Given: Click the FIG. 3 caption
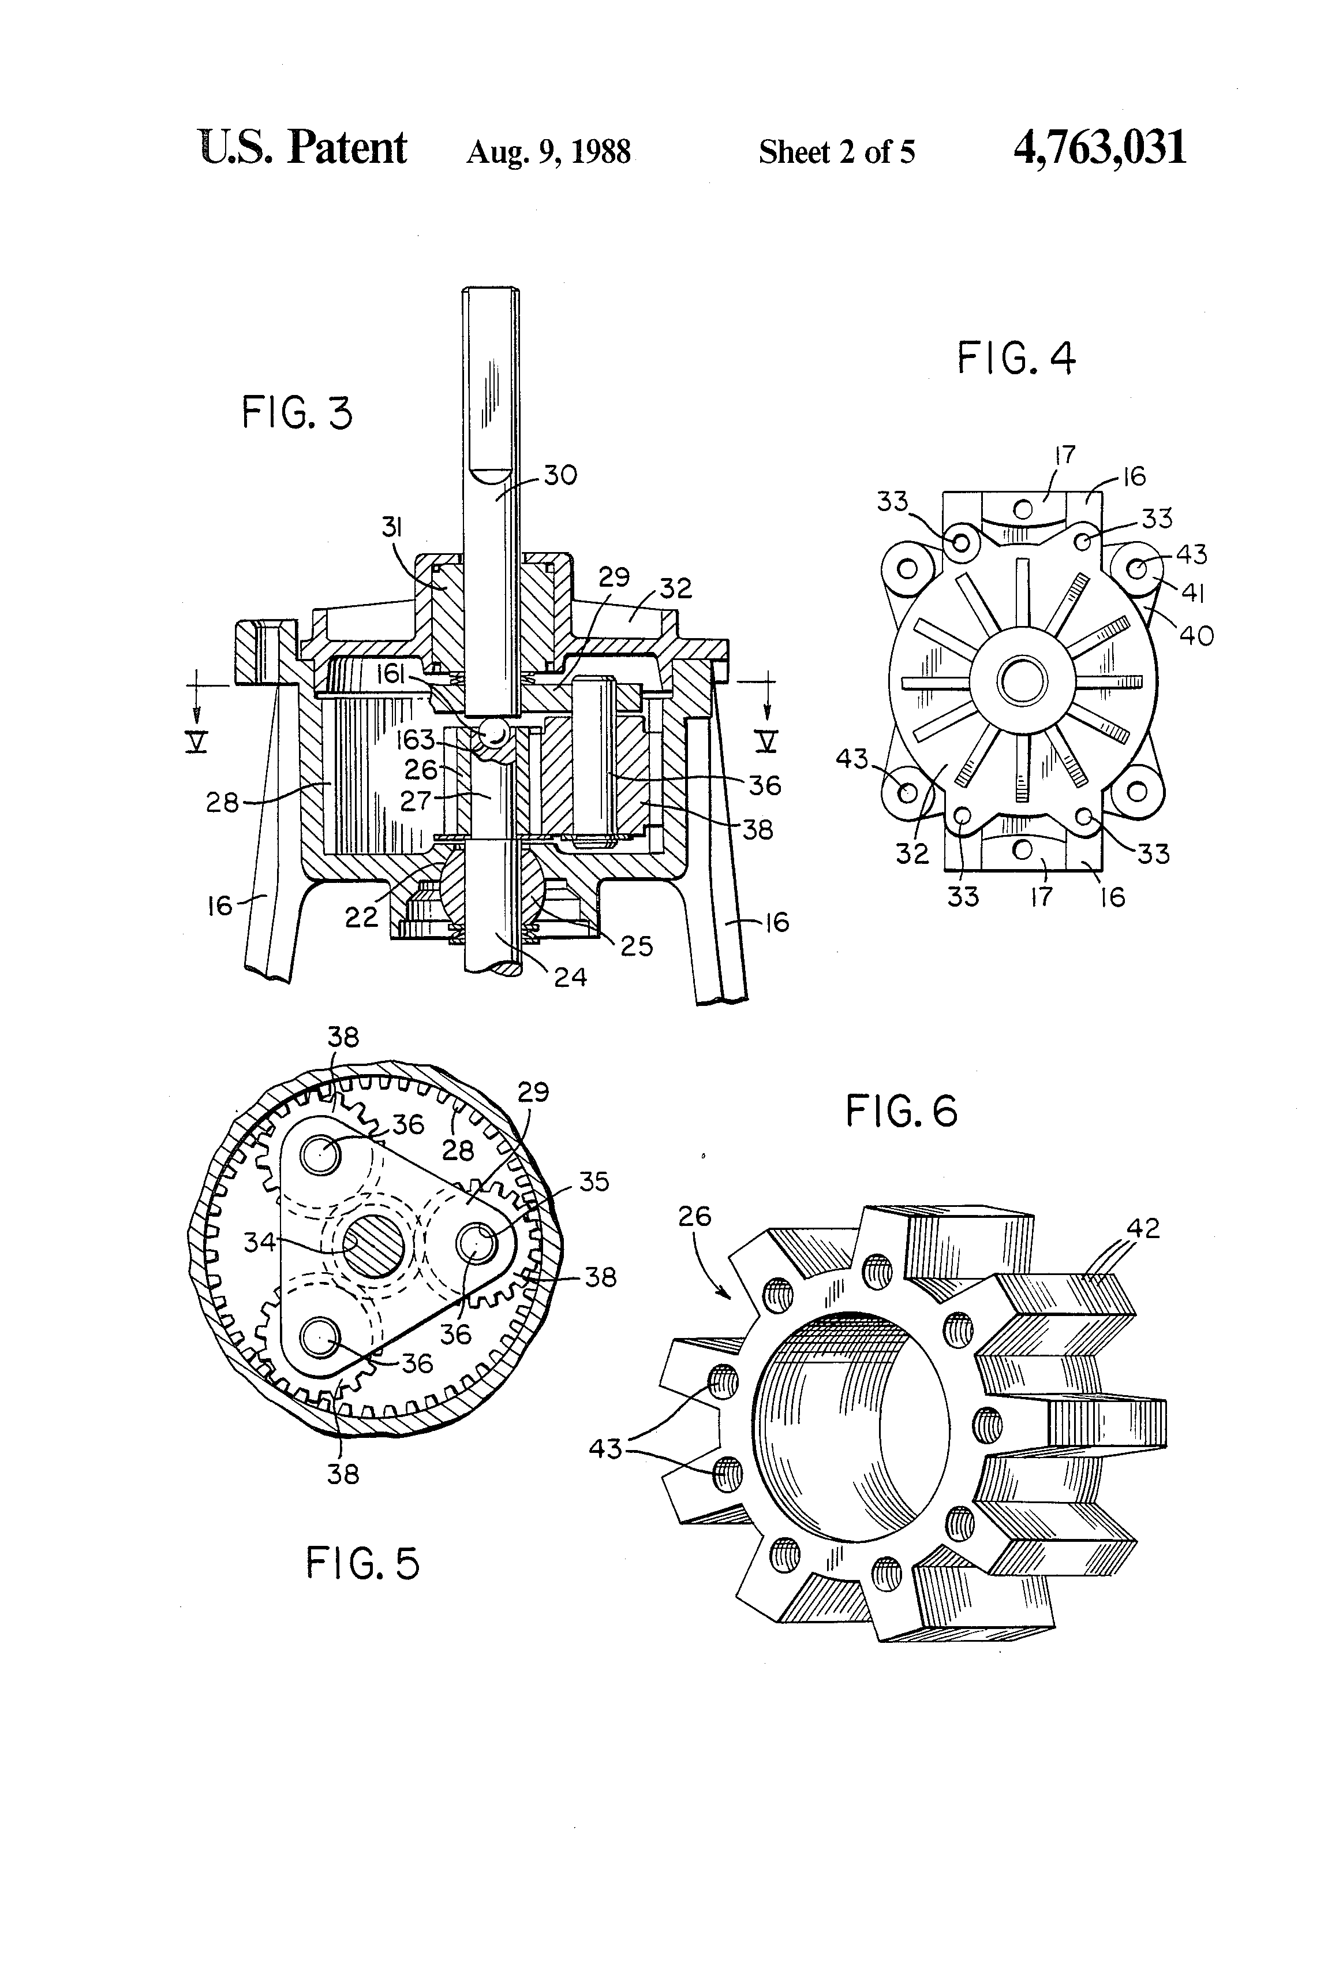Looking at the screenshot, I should [x=297, y=414].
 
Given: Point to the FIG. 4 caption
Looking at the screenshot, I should [x=1016, y=358].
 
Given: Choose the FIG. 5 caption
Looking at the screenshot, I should [x=362, y=1563].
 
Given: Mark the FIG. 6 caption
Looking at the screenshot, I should [x=902, y=1111].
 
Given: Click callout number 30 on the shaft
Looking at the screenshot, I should [x=560, y=475].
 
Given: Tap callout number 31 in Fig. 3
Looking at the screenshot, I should [x=391, y=528].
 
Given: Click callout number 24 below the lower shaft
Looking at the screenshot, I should [x=570, y=977].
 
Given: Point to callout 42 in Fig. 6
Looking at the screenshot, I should [x=1143, y=1228].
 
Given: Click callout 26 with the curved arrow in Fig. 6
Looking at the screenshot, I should [x=695, y=1217].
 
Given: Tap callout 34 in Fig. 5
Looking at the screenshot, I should [x=260, y=1242].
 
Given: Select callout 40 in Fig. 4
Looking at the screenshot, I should [x=1196, y=635].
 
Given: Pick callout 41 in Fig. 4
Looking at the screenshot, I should [x=1192, y=593].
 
